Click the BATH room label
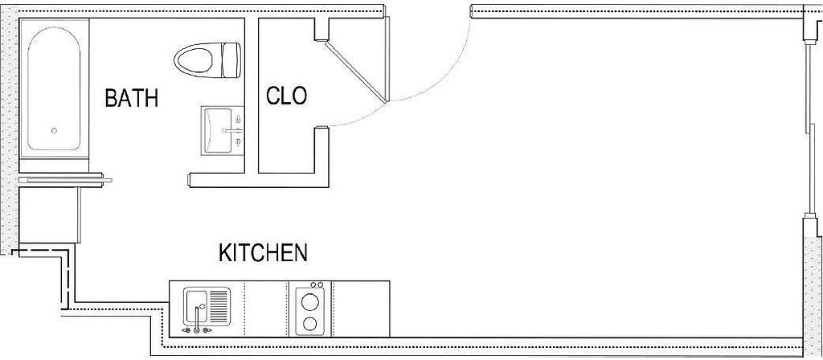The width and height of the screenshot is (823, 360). pos(132,99)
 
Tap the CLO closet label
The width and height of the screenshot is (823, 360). pos(287,96)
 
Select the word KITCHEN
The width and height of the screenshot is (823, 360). pos(263,253)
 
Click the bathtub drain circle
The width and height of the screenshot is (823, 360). pos(55,130)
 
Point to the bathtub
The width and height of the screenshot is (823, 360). pos(55,88)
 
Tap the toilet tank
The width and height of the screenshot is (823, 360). pos(231,60)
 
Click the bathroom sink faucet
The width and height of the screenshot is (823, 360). pos(235,129)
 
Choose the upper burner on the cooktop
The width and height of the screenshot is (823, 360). pos(309,302)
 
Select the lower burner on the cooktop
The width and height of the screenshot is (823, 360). pos(309,324)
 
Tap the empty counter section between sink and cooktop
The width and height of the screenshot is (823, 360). pos(265,309)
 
